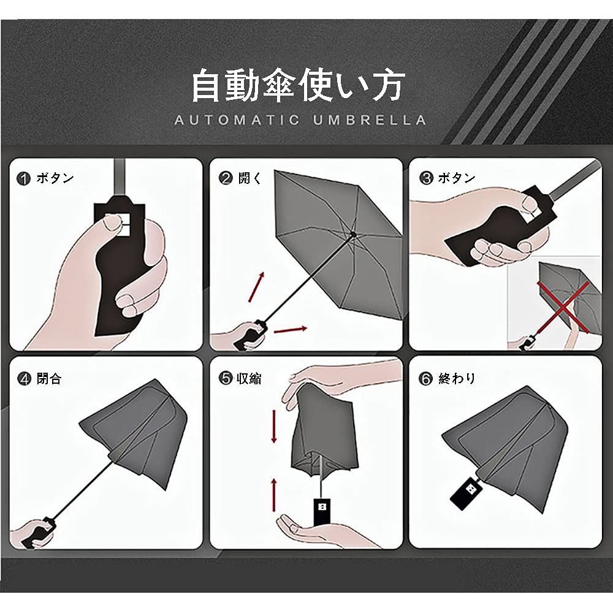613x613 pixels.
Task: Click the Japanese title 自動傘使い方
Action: coord(297,86)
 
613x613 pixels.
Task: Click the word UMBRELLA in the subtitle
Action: coord(370,120)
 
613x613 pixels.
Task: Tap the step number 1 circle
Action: coord(24,179)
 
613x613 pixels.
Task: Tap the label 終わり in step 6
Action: coord(457,378)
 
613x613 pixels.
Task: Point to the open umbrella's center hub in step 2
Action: coord(354,234)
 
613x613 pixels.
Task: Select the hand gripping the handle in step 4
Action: coord(34,532)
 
